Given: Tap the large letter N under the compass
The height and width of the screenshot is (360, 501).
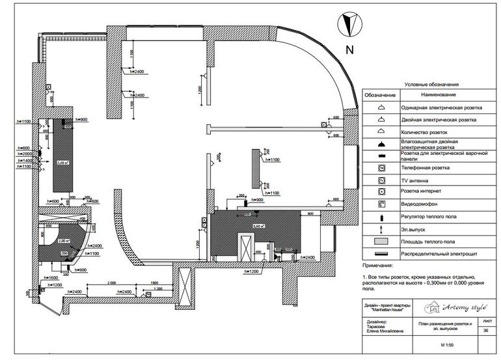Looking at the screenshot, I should tap(350, 49).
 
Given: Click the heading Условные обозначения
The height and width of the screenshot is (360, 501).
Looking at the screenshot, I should tap(432, 85).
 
